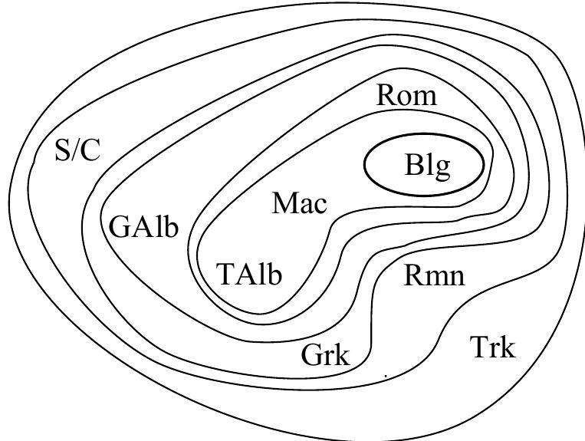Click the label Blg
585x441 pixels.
click(x=427, y=166)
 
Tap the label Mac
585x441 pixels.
click(x=300, y=203)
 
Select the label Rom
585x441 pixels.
click(x=406, y=96)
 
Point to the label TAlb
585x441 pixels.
click(x=249, y=274)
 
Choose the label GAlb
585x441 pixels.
click(x=144, y=228)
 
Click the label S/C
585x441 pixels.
click(x=77, y=151)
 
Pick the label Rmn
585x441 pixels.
click(x=434, y=275)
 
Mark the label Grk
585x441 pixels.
click(x=325, y=356)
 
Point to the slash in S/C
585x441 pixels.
click(x=77, y=151)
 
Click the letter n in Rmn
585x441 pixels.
click(x=455, y=278)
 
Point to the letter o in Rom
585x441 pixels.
click(x=406, y=98)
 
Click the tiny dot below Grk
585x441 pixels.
click(x=385, y=377)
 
